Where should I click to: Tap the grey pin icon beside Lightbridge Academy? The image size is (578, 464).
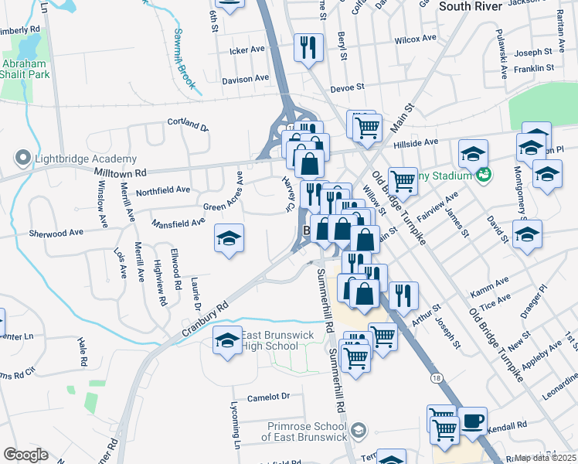(x=22, y=159)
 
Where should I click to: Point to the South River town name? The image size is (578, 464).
(x=471, y=5)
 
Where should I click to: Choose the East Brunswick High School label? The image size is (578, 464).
(x=270, y=340)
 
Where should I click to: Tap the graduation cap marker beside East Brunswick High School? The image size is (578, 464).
(x=227, y=340)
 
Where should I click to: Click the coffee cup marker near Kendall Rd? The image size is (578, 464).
(x=473, y=421)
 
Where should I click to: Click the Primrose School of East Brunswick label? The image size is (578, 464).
(x=304, y=432)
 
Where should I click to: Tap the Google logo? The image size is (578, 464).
(x=25, y=455)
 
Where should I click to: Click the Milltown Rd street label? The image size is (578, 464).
(x=120, y=172)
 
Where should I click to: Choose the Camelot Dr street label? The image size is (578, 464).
(x=268, y=397)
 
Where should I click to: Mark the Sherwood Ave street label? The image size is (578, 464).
(x=56, y=232)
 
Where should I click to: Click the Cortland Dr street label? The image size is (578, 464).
(x=189, y=124)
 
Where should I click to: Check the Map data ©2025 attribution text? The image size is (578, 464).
(x=546, y=458)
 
